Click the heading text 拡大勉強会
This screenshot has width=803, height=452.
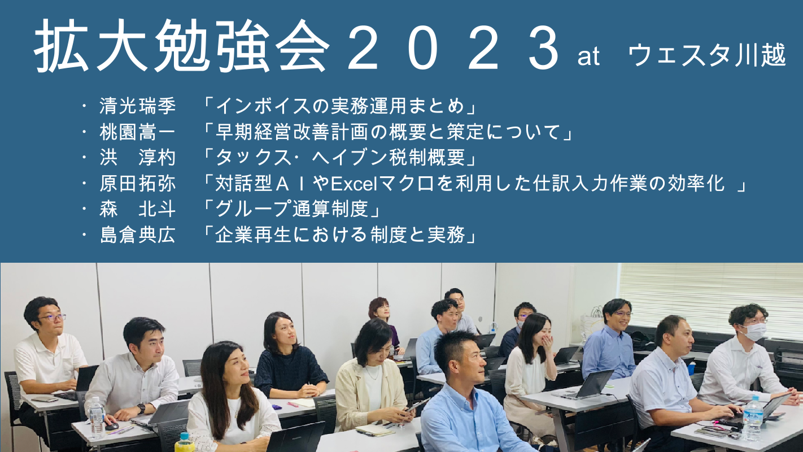(182, 46)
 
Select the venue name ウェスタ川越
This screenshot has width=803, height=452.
(707, 55)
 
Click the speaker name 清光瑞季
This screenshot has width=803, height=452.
(138, 106)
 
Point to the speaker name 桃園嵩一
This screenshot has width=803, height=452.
(138, 132)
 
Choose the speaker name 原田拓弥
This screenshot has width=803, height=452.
(138, 183)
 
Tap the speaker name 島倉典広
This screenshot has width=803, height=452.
(138, 235)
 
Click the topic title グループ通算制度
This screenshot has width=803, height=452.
(292, 209)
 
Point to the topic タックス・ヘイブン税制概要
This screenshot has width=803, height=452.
(340, 158)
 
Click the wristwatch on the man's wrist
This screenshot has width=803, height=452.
(141, 408)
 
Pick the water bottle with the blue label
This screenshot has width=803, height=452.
(752, 419)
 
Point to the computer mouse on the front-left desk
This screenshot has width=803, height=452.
(111, 426)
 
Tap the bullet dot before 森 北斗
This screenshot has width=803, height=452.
(84, 209)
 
